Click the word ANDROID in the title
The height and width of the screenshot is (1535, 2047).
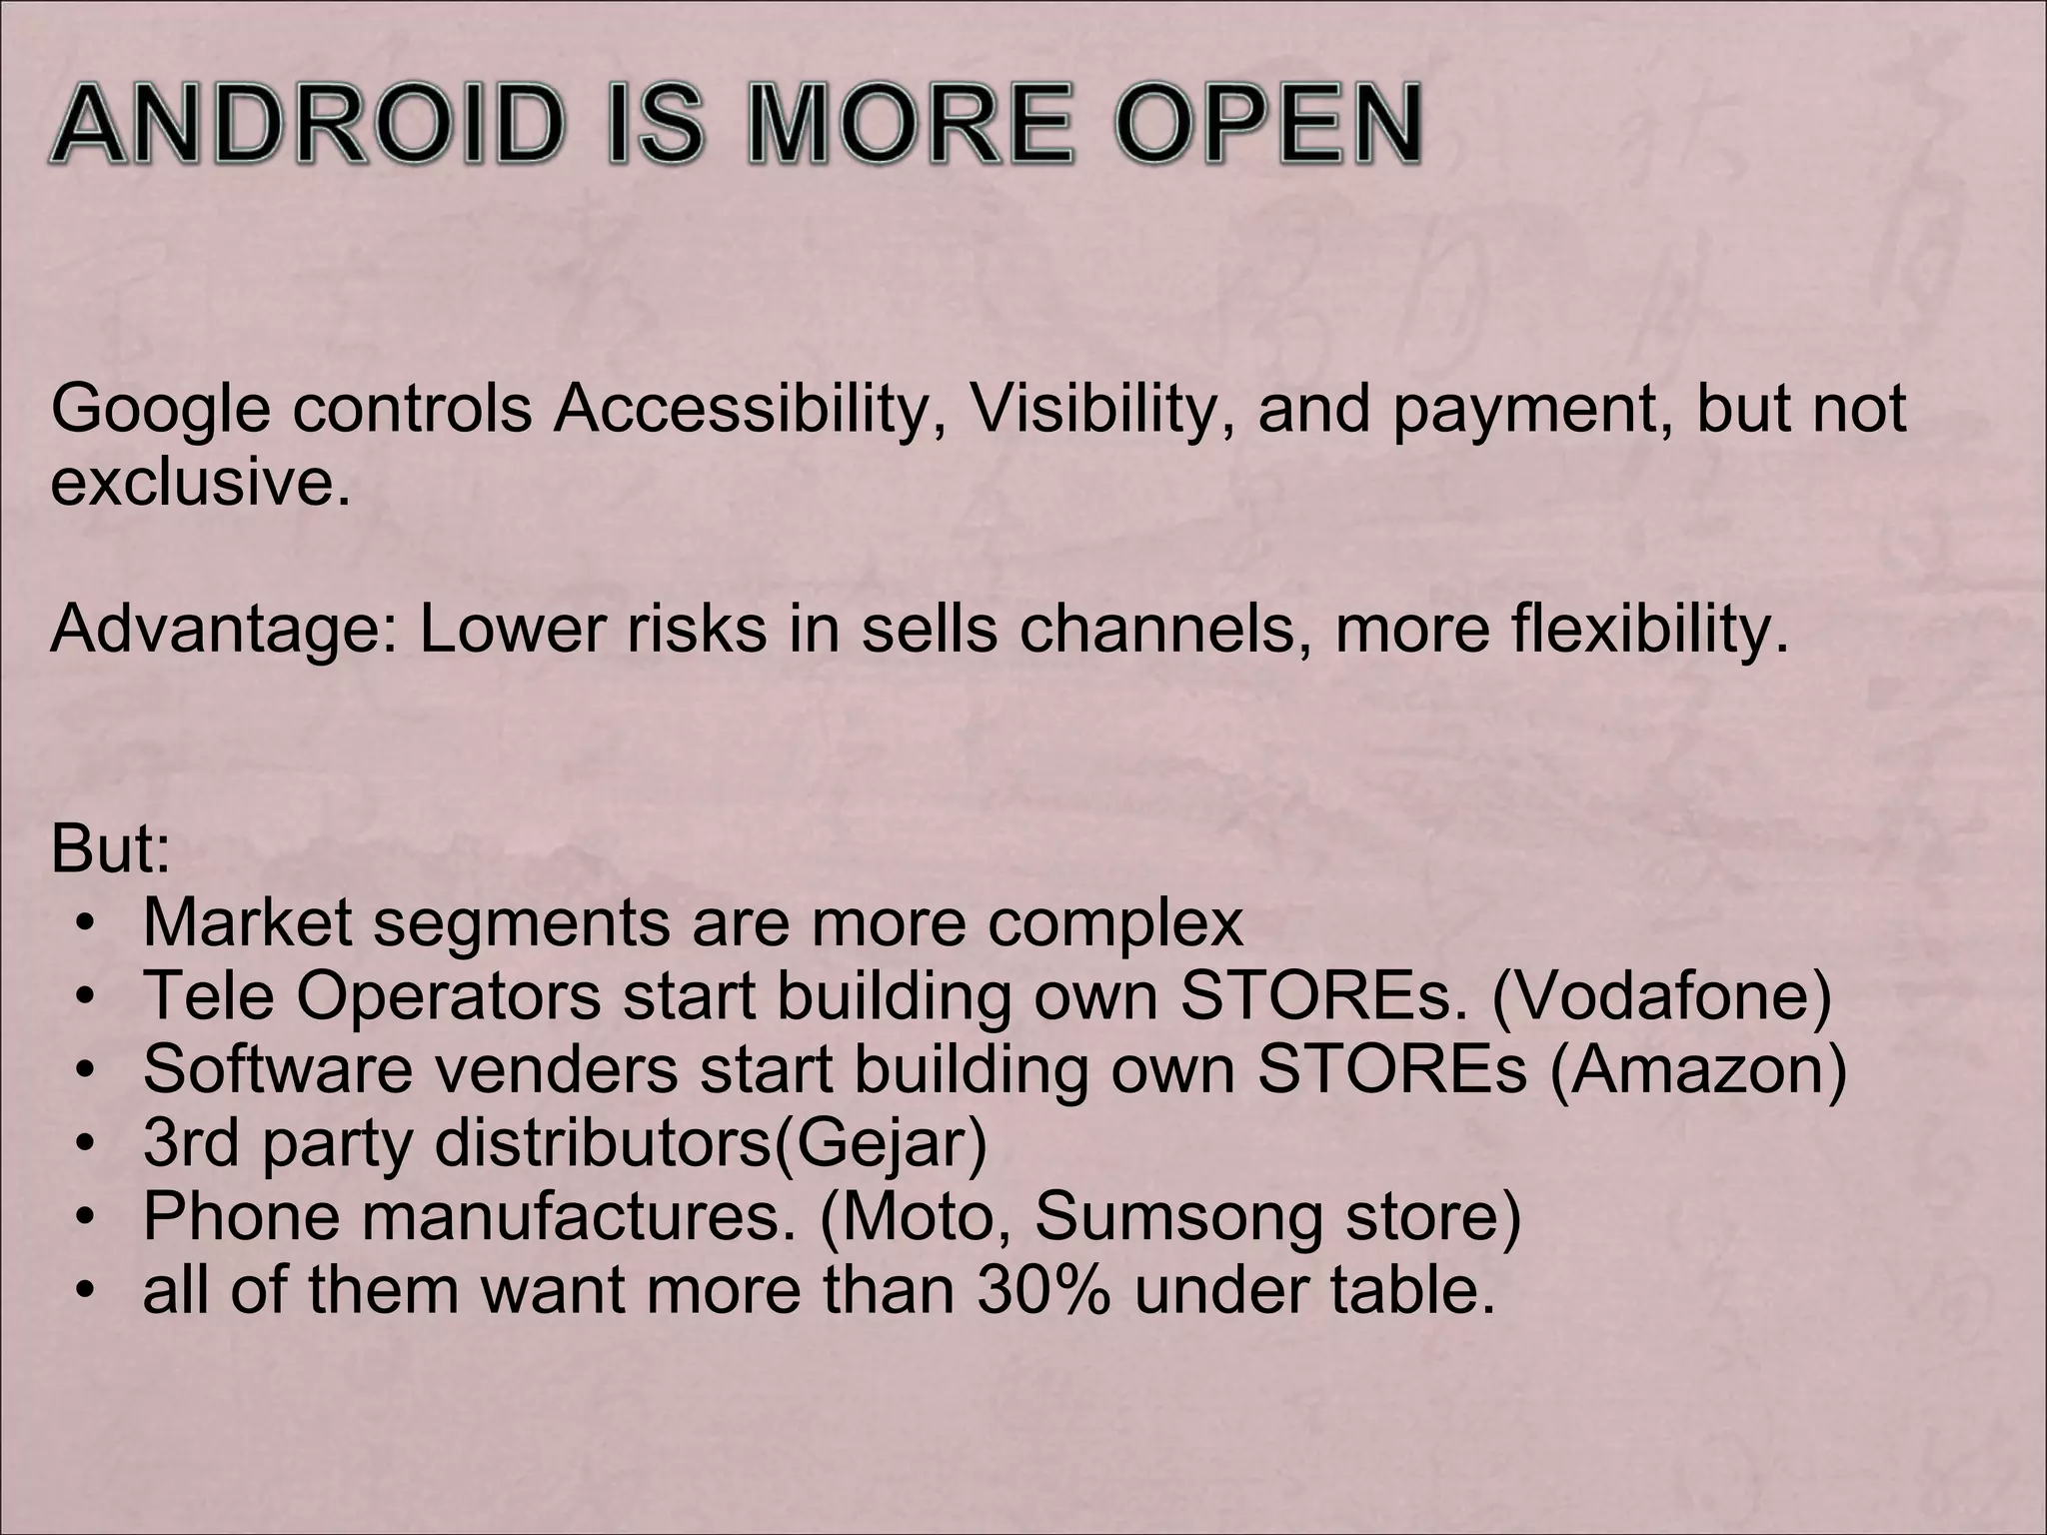click(303, 127)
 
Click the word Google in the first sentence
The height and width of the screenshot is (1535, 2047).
click(160, 410)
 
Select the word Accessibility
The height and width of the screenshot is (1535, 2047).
click(741, 410)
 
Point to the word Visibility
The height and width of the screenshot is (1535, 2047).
click(1098, 410)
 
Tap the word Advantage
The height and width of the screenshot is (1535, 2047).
click(224, 630)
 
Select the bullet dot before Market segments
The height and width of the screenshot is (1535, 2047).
click(88, 925)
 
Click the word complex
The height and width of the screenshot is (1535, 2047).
click(1115, 923)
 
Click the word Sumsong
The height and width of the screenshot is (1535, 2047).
click(1178, 1216)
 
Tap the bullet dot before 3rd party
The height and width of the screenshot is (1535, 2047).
click(88, 1145)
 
